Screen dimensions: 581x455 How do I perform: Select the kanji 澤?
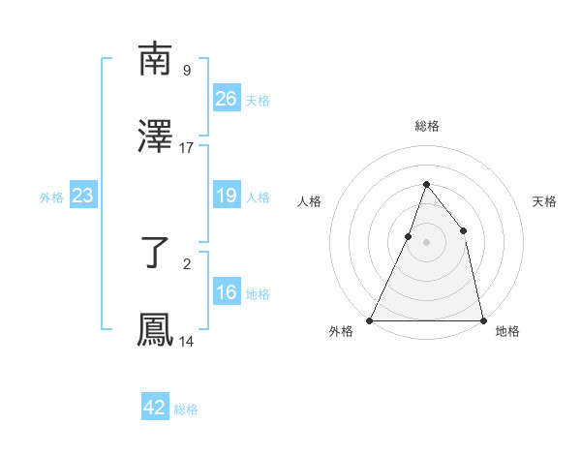point(155,137)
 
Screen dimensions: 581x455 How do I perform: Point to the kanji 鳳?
point(155,330)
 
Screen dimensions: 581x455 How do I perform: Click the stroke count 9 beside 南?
point(187,70)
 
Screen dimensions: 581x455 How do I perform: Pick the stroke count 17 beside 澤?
point(187,148)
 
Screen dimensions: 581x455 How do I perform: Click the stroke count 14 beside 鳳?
point(187,342)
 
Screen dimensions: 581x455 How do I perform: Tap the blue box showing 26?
point(226,98)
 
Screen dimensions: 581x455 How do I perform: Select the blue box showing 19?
point(226,196)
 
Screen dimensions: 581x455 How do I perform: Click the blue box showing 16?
point(226,292)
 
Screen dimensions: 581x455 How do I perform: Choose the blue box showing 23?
point(83,196)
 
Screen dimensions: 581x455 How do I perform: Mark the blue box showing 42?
point(155,408)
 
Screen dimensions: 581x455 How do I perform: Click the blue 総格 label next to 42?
point(186,409)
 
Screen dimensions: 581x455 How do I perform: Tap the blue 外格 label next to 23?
point(51,197)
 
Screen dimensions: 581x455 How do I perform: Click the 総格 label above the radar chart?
point(426,126)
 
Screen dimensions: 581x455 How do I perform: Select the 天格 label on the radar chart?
point(544,201)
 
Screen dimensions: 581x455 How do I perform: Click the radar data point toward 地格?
point(482,319)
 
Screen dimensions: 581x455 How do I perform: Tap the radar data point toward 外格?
point(370,319)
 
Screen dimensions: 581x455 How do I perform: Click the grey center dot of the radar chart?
point(426,242)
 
